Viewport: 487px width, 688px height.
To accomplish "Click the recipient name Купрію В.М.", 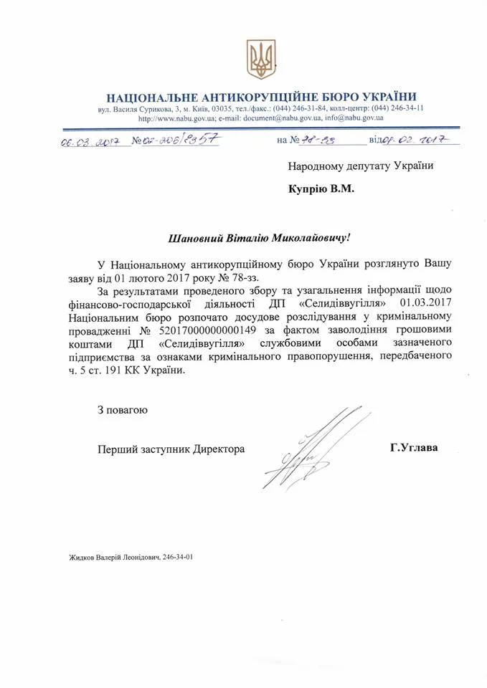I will (321, 190).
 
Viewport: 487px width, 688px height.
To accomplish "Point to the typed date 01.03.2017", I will (427, 302).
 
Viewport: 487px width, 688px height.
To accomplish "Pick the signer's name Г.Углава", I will (414, 449).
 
